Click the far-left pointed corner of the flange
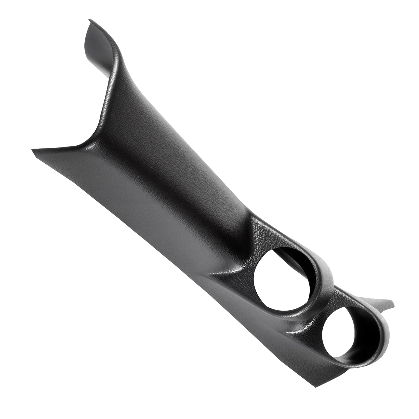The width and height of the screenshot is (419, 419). point(32,150)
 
